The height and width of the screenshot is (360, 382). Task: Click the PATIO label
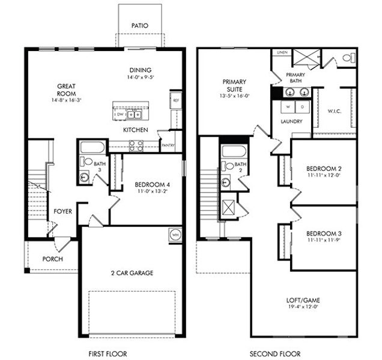point(139,26)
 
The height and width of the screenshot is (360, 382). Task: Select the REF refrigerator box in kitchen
point(176,101)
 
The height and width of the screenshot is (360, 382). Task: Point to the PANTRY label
point(168,145)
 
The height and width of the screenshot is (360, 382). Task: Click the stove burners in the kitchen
point(136,144)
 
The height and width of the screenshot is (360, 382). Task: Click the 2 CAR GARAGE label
point(132,273)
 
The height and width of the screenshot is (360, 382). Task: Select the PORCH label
point(52,259)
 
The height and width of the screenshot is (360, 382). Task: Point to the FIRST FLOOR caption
point(107,353)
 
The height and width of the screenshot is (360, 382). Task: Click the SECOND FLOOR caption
point(276,353)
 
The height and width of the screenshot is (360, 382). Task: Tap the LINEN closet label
point(281,53)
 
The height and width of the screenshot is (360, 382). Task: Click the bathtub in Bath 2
point(234,151)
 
